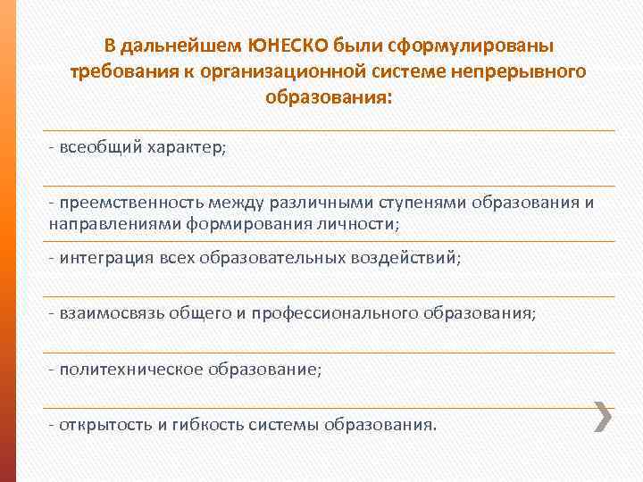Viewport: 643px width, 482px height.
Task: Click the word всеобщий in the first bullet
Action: coord(95,146)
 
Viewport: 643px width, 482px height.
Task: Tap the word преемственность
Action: coord(124,202)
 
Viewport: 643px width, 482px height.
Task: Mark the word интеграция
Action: coord(104,257)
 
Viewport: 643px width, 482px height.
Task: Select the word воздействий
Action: coord(412,257)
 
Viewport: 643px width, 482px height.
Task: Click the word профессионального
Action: coord(337,312)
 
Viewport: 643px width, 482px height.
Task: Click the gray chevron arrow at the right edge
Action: coord(603,416)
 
